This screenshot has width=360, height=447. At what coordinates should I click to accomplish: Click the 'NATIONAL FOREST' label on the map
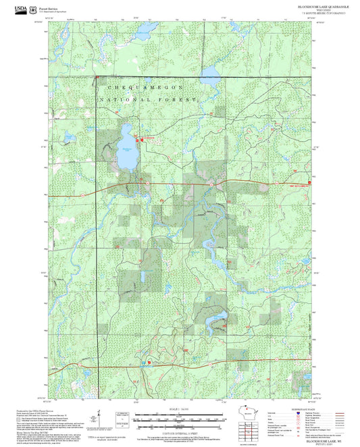(148, 99)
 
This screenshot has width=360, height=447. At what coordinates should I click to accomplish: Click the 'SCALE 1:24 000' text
(179, 409)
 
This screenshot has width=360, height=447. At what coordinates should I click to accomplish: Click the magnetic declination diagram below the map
(100, 417)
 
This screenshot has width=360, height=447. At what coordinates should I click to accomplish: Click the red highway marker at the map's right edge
(309, 182)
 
